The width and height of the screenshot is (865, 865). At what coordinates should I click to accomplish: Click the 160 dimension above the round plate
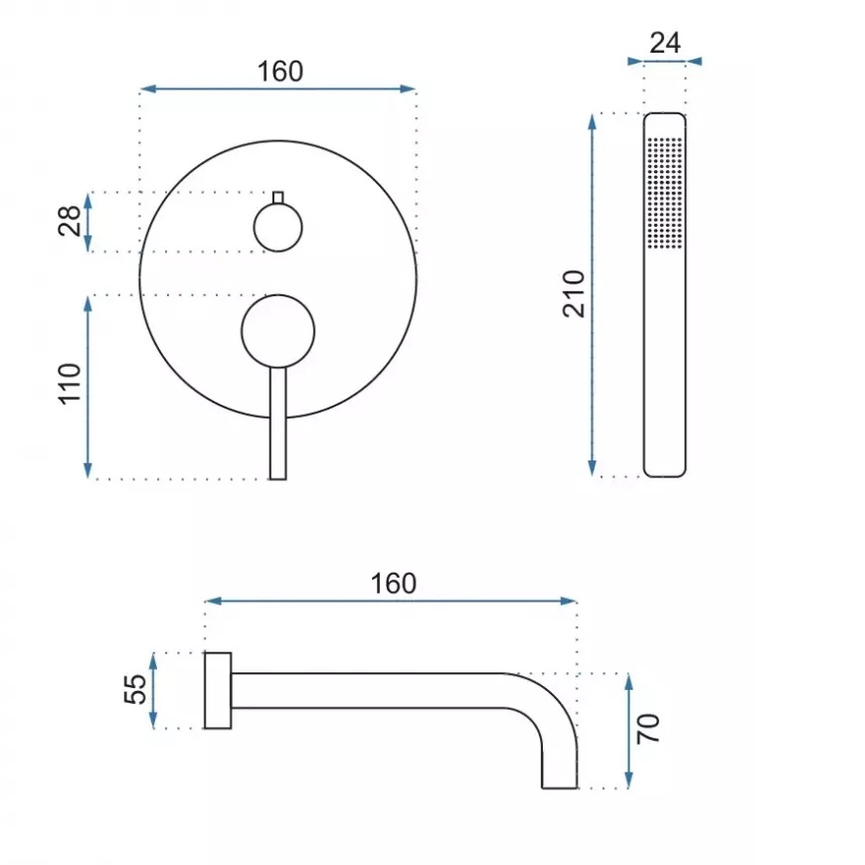280,72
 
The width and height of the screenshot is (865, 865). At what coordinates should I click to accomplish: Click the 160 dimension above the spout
394,584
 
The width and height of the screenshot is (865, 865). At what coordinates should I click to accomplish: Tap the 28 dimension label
70,221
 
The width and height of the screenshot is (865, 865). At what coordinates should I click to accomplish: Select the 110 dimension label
70,384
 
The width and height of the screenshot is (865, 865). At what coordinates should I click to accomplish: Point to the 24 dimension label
665,43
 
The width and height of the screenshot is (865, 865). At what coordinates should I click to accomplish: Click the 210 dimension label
574,294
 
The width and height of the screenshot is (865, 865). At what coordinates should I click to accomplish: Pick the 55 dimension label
135,690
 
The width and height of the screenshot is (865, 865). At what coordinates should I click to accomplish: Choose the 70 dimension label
648,729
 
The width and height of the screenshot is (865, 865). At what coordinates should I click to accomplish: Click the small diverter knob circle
278,228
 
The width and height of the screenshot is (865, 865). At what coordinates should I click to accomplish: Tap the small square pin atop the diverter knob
278,198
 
